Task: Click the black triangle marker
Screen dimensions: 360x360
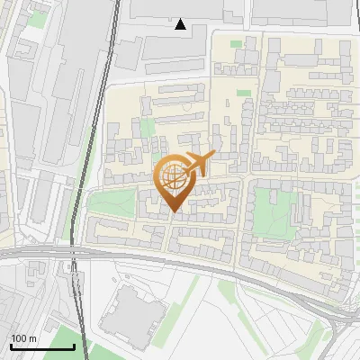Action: click(x=181, y=24)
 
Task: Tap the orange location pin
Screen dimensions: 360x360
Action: click(x=174, y=183)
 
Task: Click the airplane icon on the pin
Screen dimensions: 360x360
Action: click(x=198, y=164)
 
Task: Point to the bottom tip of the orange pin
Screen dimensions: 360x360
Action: click(x=173, y=212)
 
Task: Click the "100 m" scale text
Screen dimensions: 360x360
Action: click(x=24, y=338)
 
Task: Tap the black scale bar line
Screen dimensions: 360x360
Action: click(x=42, y=346)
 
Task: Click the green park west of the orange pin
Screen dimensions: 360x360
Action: click(x=111, y=203)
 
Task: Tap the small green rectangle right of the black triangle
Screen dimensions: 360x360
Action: click(x=236, y=43)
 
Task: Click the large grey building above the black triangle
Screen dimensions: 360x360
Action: click(x=184, y=9)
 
